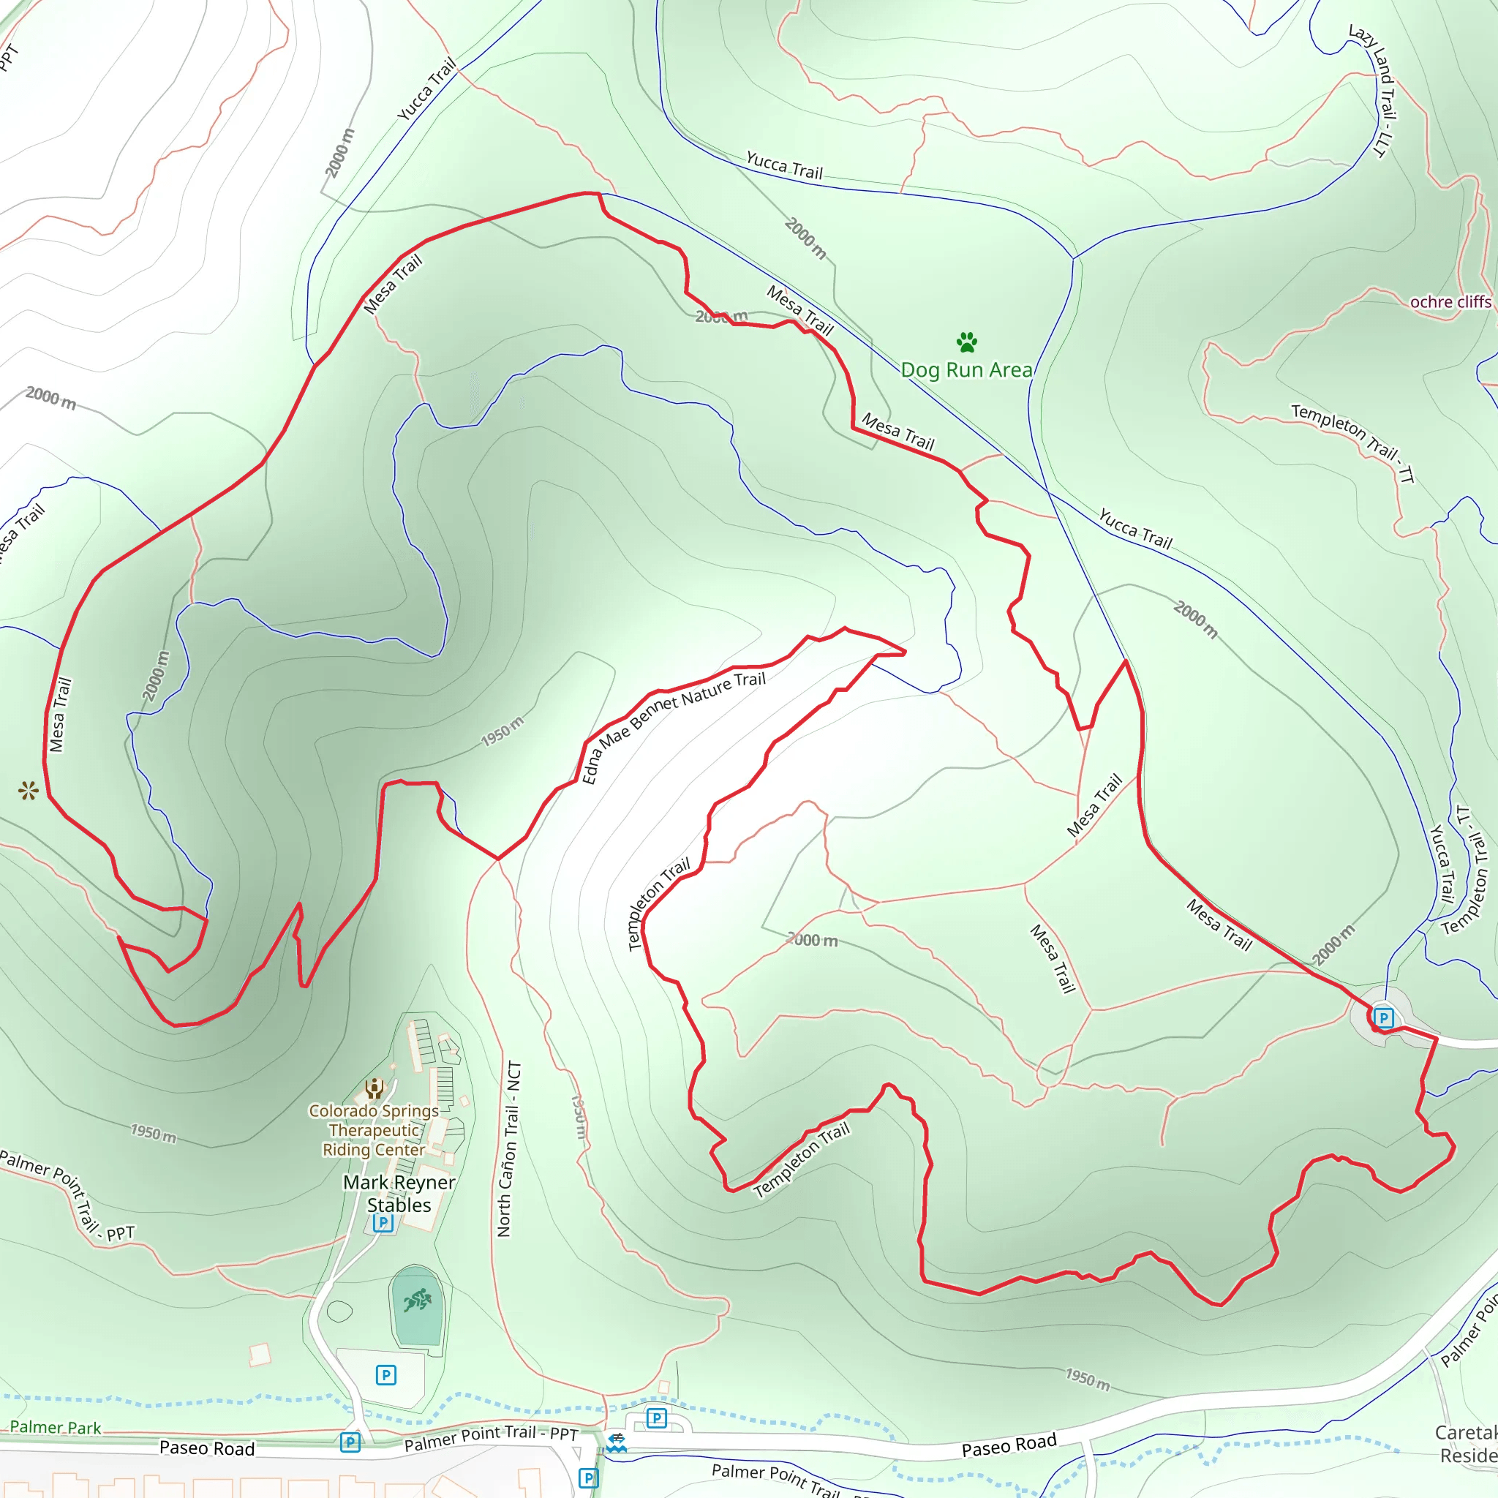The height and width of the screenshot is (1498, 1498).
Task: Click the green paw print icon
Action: pos(966,341)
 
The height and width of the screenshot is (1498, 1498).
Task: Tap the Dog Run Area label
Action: pos(966,370)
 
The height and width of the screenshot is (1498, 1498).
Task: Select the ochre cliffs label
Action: pos(1450,301)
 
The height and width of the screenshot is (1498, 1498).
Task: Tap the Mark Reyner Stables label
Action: pos(399,1193)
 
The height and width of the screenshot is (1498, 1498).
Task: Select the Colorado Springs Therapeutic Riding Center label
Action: pos(374,1131)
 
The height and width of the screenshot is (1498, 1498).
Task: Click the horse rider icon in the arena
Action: pos(417,1300)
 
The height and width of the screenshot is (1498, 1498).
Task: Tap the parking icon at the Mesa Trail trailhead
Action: pos(1383,1017)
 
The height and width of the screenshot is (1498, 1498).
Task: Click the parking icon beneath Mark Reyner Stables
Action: pos(383,1223)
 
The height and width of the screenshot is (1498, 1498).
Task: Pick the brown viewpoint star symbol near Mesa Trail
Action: pos(29,791)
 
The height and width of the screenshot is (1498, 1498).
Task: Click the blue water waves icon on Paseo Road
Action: pos(617,1443)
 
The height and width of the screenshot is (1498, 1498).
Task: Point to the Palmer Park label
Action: pos(55,1428)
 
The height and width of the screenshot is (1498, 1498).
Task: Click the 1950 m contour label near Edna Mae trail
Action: pos(503,731)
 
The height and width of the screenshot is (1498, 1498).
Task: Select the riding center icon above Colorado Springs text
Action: pos(374,1088)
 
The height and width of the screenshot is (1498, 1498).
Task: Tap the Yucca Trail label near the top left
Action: pos(426,90)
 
